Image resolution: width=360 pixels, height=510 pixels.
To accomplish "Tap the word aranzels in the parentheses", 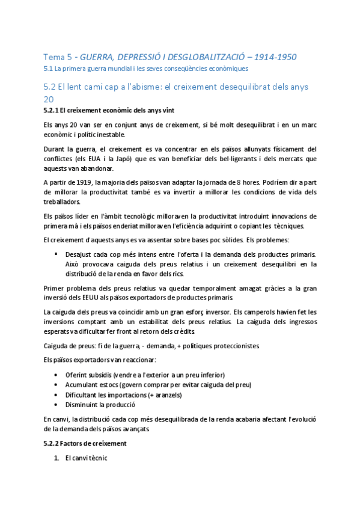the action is click(x=163, y=395).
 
